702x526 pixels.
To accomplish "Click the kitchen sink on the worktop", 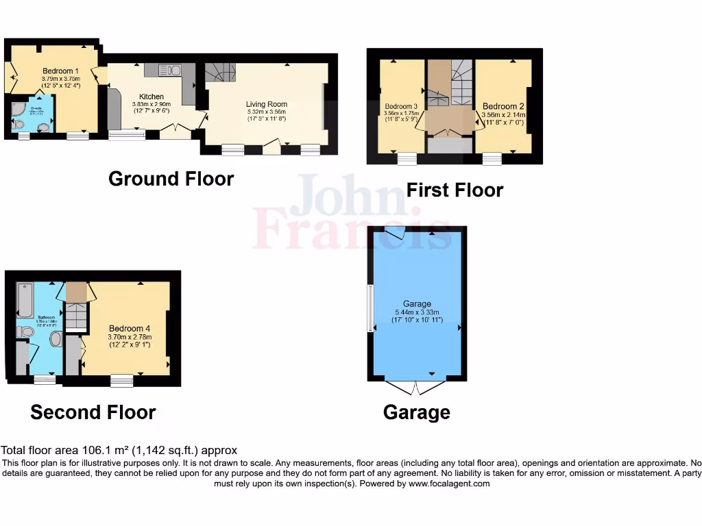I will pyautogui.click(x=169, y=69).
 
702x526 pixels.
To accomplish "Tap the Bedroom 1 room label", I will pyautogui.click(x=60, y=71).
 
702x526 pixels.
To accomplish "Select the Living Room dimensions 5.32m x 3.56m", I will pyautogui.click(x=266, y=112).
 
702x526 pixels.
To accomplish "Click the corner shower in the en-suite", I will pyautogui.click(x=19, y=110).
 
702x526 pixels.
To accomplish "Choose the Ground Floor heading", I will pyautogui.click(x=171, y=179).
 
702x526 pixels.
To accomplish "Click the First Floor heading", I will pyautogui.click(x=455, y=190).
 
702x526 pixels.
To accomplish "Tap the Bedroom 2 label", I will pyautogui.click(x=503, y=106).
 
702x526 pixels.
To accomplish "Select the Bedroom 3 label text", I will pyautogui.click(x=401, y=106).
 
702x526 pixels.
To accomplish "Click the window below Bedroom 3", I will pyautogui.click(x=407, y=159).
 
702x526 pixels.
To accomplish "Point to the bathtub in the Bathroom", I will pyautogui.click(x=25, y=300).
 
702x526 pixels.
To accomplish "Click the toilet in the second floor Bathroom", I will pyautogui.click(x=26, y=331).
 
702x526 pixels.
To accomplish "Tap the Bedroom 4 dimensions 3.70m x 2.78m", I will pyautogui.click(x=129, y=336).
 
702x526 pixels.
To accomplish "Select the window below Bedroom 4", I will pyautogui.click(x=122, y=381).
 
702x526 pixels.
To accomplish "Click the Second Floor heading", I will pyautogui.click(x=93, y=412).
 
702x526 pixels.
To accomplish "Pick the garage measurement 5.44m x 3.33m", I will pyautogui.click(x=417, y=312).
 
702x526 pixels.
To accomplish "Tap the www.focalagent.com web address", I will pyautogui.click(x=449, y=484).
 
